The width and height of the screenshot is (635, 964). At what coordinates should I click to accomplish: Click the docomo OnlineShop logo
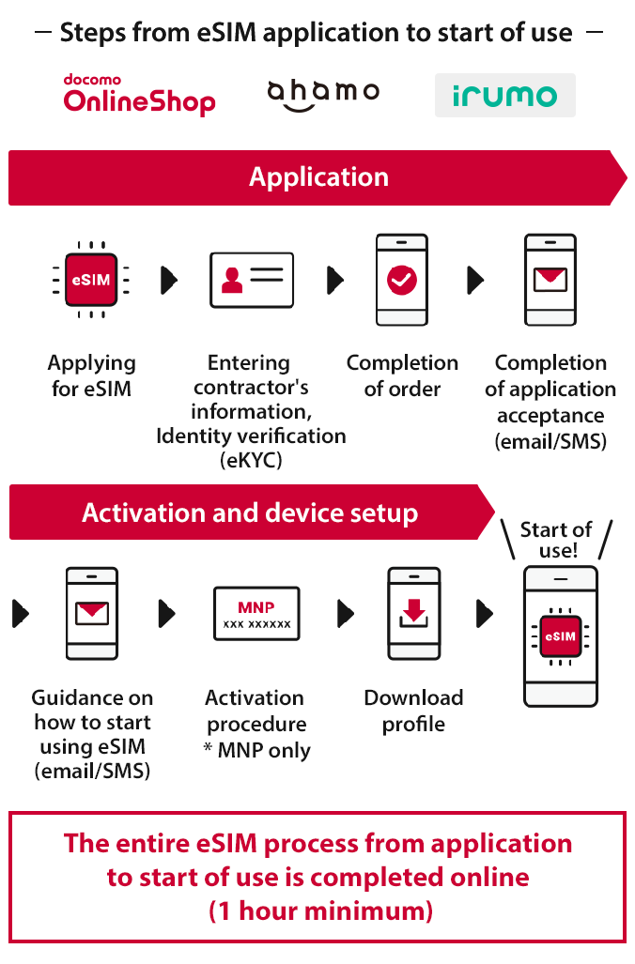click(x=139, y=95)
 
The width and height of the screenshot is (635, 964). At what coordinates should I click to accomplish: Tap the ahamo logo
click(x=323, y=94)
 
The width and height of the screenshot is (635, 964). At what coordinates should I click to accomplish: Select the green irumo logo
click(x=504, y=96)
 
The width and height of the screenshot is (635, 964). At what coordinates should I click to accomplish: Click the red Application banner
click(x=317, y=177)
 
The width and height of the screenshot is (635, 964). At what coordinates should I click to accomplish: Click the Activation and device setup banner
click(x=250, y=513)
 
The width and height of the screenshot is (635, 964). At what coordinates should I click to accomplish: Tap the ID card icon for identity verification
click(x=252, y=280)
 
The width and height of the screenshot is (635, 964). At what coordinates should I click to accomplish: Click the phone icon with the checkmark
click(x=402, y=280)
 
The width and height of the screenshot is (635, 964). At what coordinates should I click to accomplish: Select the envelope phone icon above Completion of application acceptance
click(x=550, y=280)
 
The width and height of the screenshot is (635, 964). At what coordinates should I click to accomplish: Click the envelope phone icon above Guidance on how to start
click(x=92, y=613)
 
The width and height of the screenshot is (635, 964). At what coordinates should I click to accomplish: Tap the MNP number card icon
click(x=256, y=614)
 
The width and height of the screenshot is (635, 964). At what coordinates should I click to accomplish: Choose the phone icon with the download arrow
click(x=414, y=613)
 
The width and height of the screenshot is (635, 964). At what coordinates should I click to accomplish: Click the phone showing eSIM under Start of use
click(x=560, y=637)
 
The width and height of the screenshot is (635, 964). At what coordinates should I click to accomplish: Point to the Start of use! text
click(x=556, y=540)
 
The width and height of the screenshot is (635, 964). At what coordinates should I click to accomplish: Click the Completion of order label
click(x=402, y=375)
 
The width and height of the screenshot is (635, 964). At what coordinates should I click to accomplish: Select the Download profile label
click(x=413, y=711)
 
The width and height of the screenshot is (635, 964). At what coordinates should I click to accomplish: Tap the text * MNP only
click(x=256, y=750)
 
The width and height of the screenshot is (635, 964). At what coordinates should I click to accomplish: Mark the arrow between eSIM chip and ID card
click(x=169, y=280)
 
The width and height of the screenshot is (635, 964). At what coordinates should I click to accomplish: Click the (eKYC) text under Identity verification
click(x=251, y=460)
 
